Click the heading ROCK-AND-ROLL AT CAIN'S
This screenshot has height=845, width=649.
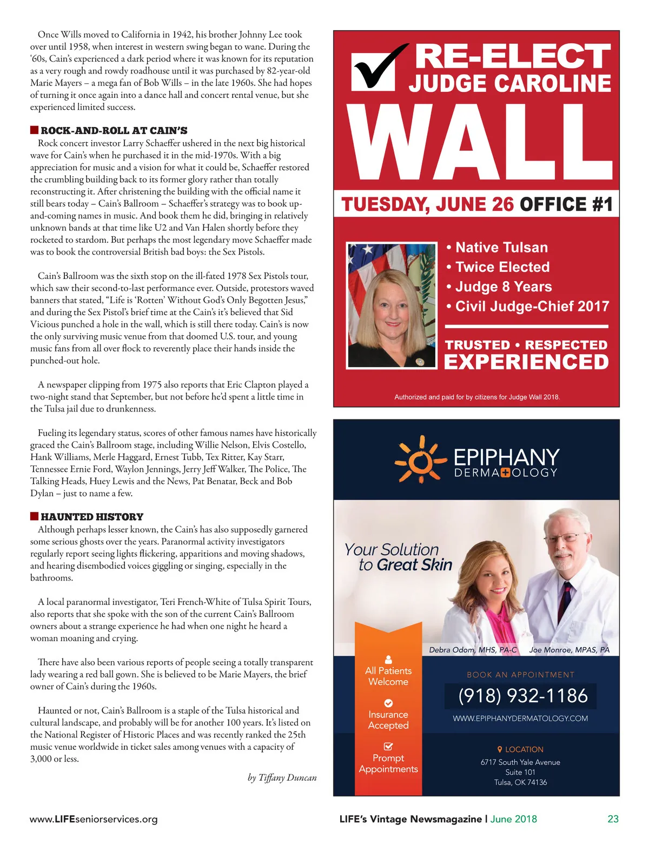pos(114,130)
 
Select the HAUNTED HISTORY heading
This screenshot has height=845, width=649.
pos(92,516)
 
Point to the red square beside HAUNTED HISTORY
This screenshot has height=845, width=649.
pos(34,516)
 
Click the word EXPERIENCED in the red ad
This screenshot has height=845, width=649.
pos(526,362)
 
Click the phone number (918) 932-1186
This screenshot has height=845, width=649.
pos(522,696)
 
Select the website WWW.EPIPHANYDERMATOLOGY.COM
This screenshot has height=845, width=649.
pos(520,718)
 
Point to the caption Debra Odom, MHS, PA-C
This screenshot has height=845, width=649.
pos(473,650)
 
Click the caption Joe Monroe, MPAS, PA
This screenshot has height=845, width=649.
pos(569,650)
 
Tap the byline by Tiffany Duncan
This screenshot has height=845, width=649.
pos(282,778)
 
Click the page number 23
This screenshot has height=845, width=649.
pos(613,819)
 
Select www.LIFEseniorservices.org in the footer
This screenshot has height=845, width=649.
pos(94,819)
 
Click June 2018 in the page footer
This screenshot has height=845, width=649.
pos(513,819)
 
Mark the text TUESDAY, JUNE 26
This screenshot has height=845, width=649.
pos(427,205)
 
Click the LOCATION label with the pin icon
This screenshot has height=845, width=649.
pos(520,749)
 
